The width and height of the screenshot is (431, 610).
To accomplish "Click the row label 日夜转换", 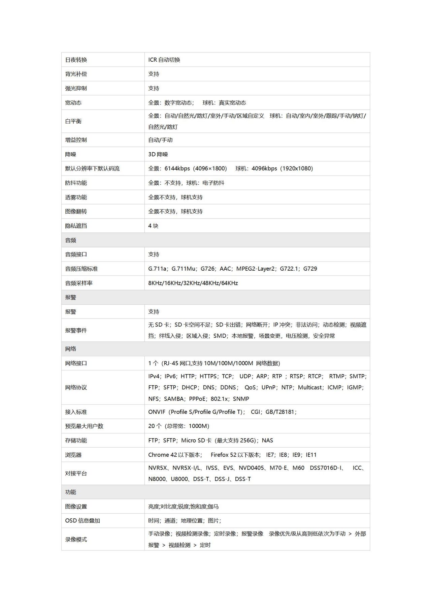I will point(76,60).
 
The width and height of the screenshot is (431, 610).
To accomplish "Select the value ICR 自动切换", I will point(164,60).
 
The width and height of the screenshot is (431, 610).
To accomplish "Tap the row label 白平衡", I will point(73,121).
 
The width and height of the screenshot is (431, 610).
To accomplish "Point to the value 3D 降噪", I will point(158,154).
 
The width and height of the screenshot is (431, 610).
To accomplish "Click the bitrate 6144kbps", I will point(177,169).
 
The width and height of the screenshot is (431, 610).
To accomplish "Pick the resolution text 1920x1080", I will point(298,169).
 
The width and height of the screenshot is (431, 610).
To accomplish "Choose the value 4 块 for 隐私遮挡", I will point(153,226).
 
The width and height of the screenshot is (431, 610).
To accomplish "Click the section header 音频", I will point(71,240).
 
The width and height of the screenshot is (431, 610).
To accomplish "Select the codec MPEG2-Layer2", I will point(255,269).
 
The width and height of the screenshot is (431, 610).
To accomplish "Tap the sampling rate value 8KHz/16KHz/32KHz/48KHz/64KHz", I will point(193,283).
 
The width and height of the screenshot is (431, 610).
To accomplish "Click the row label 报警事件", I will point(76,331).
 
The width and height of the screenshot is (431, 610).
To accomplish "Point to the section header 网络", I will point(71,349).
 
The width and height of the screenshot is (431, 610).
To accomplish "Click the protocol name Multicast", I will point(310,388).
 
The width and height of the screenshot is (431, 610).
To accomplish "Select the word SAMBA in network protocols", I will point(174,399).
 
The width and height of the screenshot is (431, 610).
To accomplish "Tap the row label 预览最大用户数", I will point(84,426).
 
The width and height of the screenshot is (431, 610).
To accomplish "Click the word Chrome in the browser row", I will point(159,455).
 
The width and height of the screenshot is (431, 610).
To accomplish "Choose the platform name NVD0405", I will point(251,468).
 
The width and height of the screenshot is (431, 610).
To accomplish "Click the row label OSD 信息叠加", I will point(82,521).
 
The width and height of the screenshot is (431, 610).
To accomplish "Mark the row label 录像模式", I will point(76,540).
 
